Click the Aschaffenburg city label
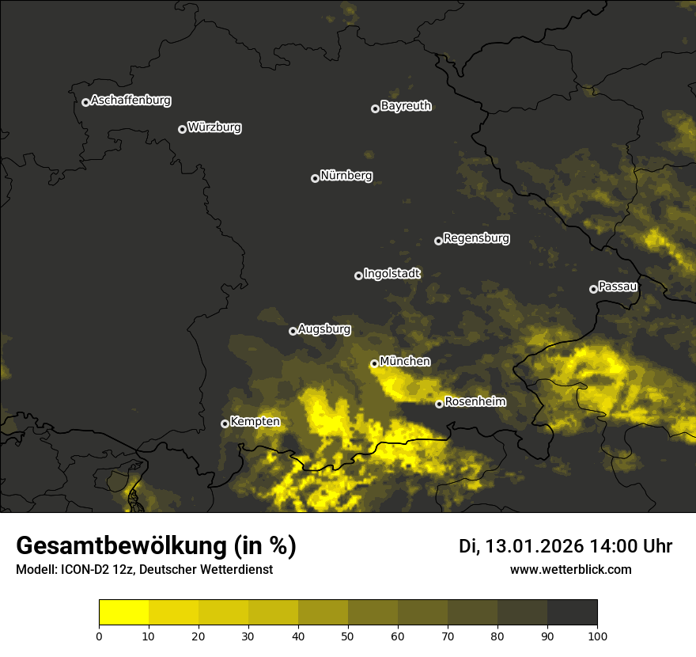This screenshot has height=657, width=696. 130,101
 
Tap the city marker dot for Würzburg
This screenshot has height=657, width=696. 182,129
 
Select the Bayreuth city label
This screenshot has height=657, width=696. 406,106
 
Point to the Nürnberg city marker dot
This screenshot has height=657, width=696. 315,178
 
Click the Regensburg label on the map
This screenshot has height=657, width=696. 476,238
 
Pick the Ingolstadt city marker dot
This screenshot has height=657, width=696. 358,275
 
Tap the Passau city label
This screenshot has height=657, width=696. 618,287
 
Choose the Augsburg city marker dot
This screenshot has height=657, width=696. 293,331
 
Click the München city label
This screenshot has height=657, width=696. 405,362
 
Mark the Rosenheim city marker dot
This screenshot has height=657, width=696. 439,404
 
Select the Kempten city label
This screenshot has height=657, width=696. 255,422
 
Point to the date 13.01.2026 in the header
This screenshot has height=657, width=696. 533,546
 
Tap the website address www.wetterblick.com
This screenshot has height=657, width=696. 570,570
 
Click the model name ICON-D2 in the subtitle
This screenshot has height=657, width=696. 84,570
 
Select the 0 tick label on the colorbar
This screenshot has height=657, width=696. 99,636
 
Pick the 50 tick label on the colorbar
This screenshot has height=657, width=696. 348,636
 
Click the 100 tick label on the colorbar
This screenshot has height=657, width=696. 597,636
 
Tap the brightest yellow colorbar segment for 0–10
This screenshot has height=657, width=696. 124,613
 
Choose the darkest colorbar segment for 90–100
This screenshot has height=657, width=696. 572,613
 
